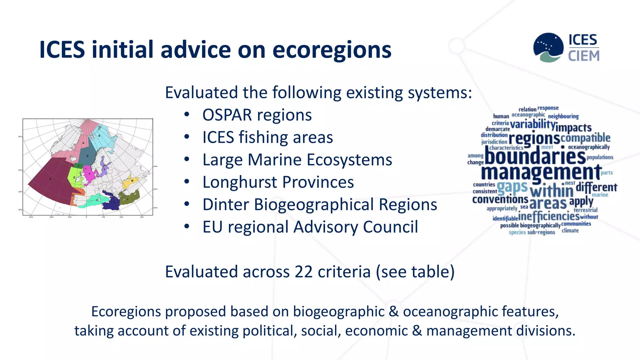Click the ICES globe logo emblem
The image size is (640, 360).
[548, 47]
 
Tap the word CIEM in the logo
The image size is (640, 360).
[584, 56]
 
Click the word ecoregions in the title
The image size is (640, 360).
[332, 50]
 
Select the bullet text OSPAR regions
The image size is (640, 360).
[257, 115]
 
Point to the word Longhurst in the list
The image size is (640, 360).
[240, 182]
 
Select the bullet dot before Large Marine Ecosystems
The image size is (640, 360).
[187, 160]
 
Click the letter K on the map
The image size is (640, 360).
[50, 179]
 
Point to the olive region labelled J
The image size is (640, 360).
[128, 198]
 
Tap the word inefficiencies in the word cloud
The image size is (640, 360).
[549, 216]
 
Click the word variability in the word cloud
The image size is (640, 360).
[532, 124]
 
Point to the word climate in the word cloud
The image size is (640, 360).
[570, 231]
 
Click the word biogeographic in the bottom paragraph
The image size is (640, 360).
[338, 312]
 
